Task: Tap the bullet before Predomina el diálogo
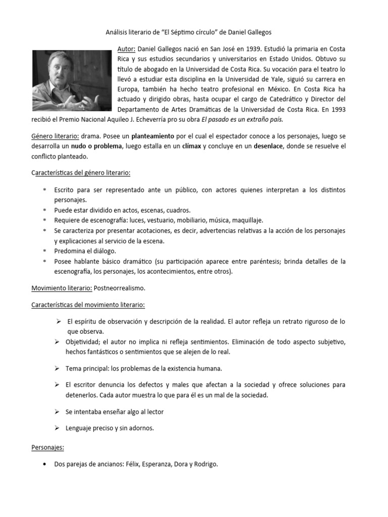(x=44, y=250)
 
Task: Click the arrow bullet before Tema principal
(x=57, y=369)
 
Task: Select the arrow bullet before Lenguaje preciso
(x=57, y=428)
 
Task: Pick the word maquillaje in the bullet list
(x=246, y=220)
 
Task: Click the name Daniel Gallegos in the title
(x=247, y=32)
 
